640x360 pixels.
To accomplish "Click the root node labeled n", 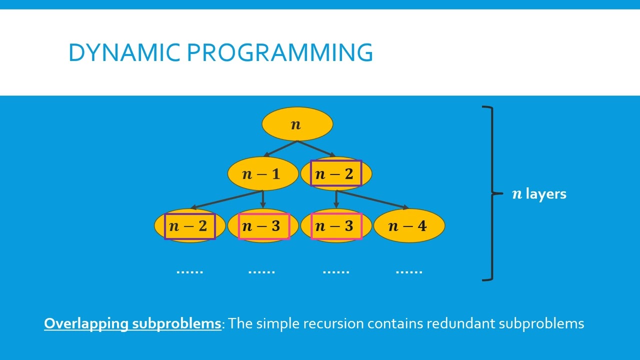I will pos(297,124).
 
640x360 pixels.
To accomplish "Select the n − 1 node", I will pos(262,174).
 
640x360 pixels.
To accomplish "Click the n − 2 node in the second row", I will pos(335,174).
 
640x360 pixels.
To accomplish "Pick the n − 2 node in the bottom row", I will pos(189,226).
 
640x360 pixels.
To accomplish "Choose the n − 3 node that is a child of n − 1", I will pos(263,226).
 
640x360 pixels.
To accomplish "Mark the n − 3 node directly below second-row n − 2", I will pos(336,226).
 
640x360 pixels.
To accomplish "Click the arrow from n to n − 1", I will pos(280,149).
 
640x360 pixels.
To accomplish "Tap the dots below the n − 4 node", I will pos(409,271).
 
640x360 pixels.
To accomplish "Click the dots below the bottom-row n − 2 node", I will pos(190,271).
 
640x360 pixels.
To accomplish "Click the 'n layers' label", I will pos(539,194).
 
